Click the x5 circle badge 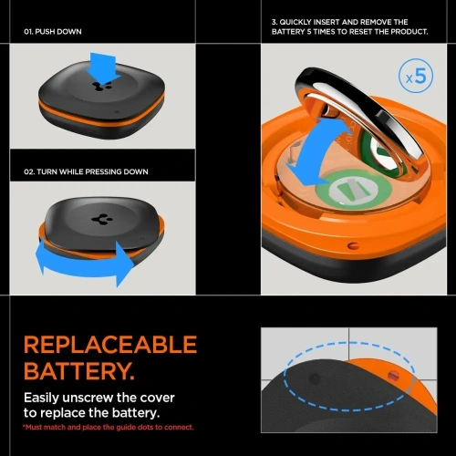pos(414,76)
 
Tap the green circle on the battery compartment pos(346,194)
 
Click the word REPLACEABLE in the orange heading pos(109,345)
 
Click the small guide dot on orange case pos(393,374)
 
